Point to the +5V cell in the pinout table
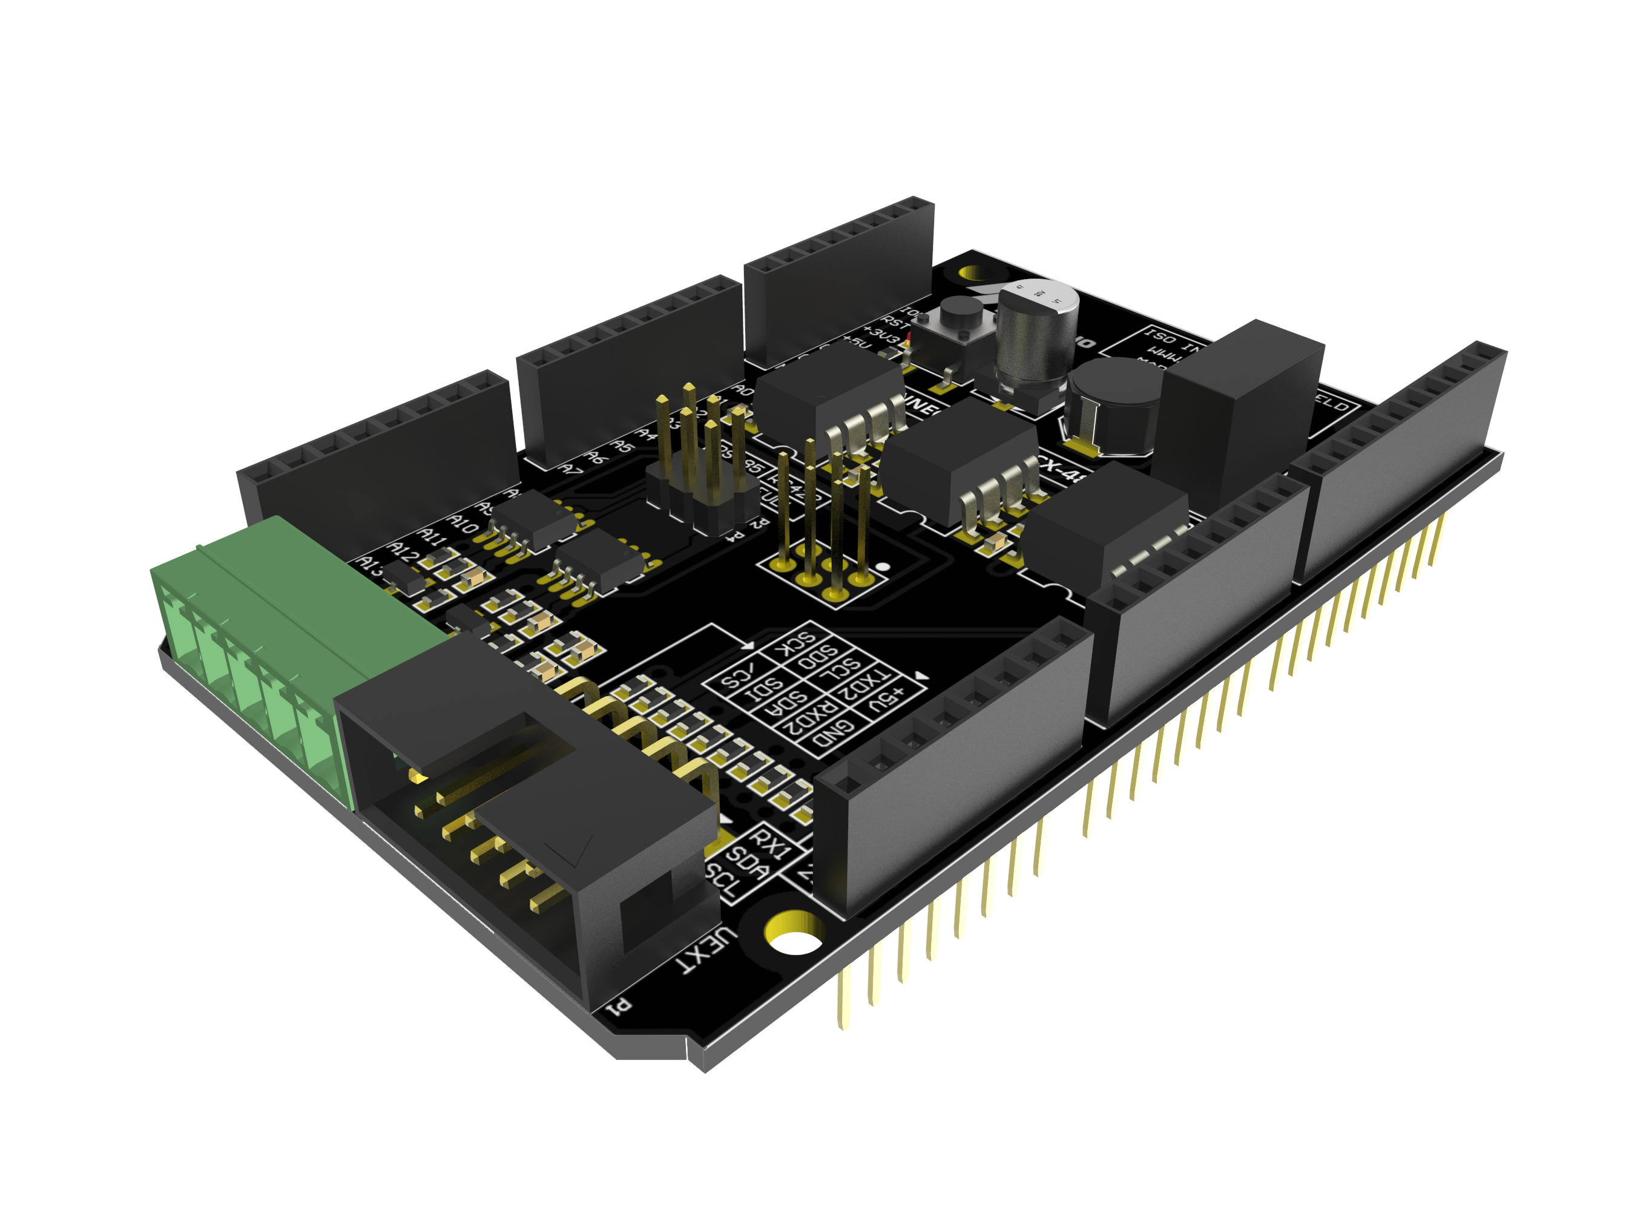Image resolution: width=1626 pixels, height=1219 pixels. click(885, 701)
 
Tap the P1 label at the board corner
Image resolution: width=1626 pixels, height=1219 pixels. click(618, 1006)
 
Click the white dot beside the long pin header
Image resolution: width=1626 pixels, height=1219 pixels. click(884, 567)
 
